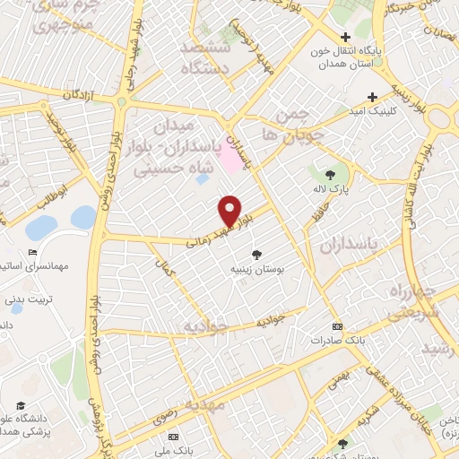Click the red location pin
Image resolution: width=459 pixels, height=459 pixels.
click(x=230, y=210)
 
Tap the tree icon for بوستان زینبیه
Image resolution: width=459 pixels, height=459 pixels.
click(x=258, y=254)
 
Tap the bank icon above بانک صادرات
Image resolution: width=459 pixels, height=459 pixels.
click(x=337, y=326)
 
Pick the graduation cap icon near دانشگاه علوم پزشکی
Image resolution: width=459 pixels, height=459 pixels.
click(x=21, y=406)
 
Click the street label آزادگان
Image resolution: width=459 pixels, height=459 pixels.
click(x=81, y=94)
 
